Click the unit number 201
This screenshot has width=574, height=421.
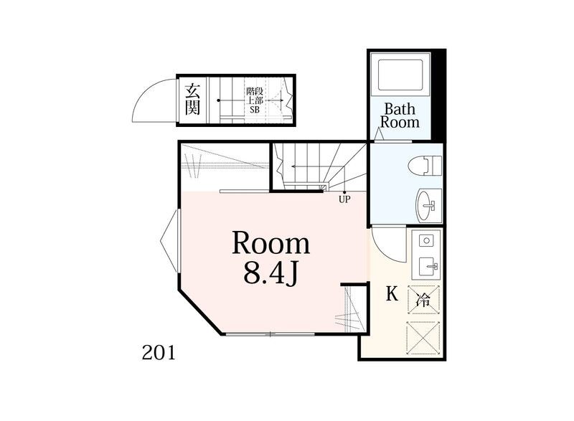(x=159, y=353)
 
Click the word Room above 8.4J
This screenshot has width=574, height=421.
(x=271, y=243)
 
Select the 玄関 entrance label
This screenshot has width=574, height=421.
(x=192, y=100)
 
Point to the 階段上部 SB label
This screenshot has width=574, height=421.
(x=255, y=100)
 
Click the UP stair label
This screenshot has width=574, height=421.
(x=344, y=199)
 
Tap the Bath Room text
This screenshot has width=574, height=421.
(x=400, y=115)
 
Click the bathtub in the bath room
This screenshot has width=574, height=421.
(x=400, y=75)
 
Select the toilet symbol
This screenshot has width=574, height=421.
(x=430, y=166)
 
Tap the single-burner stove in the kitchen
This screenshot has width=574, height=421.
(x=425, y=241)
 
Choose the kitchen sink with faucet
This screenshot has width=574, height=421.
(x=428, y=265)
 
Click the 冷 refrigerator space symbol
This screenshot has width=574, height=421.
(x=423, y=301)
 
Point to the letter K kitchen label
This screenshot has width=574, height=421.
(x=392, y=293)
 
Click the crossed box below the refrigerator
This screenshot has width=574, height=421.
(x=423, y=339)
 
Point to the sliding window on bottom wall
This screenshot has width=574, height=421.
(x=270, y=334)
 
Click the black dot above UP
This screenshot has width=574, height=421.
(x=344, y=192)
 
